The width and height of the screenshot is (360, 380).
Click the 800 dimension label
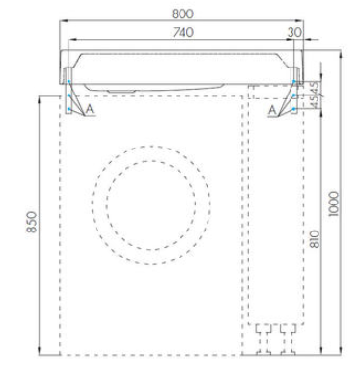pyautogui.click(x=182, y=14)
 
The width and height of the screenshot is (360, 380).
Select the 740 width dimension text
pyautogui.click(x=182, y=32)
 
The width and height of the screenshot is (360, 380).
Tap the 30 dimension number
pyautogui.click(x=294, y=32)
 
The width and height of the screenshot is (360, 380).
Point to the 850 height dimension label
pyautogui.click(x=32, y=222)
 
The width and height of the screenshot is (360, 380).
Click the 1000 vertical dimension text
pyautogui.click(x=334, y=204)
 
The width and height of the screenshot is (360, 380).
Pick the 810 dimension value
pyautogui.click(x=316, y=239)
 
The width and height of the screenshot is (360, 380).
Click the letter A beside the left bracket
pyautogui.click(x=90, y=109)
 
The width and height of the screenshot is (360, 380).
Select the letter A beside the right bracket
pyautogui.click(x=272, y=110)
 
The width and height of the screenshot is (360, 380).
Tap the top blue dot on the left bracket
pyautogui.click(x=69, y=81)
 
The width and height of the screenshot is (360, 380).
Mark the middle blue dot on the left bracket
pyautogui.click(x=69, y=95)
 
